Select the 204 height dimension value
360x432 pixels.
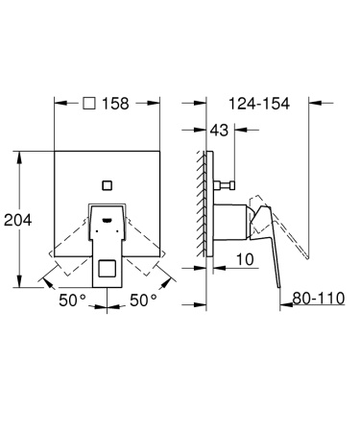17,220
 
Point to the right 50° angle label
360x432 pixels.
143,300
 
